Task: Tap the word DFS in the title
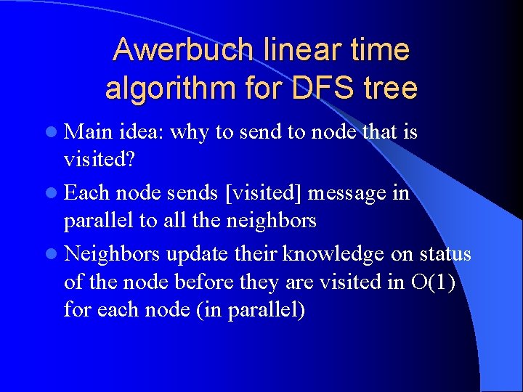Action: click(x=315, y=89)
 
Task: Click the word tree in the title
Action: click(x=391, y=89)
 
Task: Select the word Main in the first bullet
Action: click(x=86, y=132)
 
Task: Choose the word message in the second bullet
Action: click(x=349, y=194)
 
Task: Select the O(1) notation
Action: click(x=432, y=281)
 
